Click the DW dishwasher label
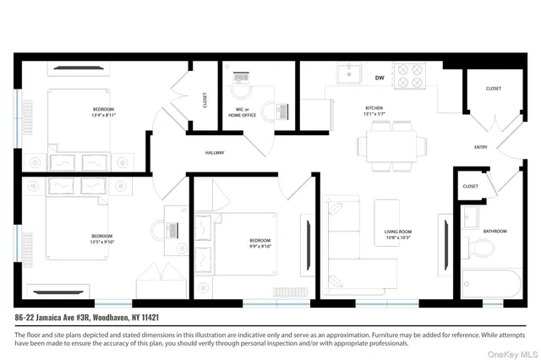(380, 78)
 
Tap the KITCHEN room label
(374, 108)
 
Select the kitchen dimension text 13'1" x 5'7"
(374, 115)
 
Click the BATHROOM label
(495, 231)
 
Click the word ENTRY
(481, 147)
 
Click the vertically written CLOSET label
(204, 101)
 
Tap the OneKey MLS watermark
(510, 352)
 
